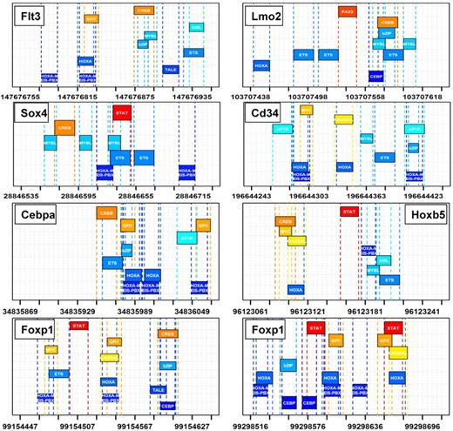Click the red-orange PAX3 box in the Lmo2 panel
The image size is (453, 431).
[x=348, y=12]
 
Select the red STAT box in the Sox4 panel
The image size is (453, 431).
[x=123, y=111]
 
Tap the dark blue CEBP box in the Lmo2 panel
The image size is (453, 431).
[x=376, y=76]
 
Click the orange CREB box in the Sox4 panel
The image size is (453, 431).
[x=65, y=127]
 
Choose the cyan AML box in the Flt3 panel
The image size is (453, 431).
[x=197, y=28]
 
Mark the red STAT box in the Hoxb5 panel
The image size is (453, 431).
[x=349, y=212]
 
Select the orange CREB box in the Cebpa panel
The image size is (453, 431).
[x=106, y=212]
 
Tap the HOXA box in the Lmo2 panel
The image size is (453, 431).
[x=260, y=65]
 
